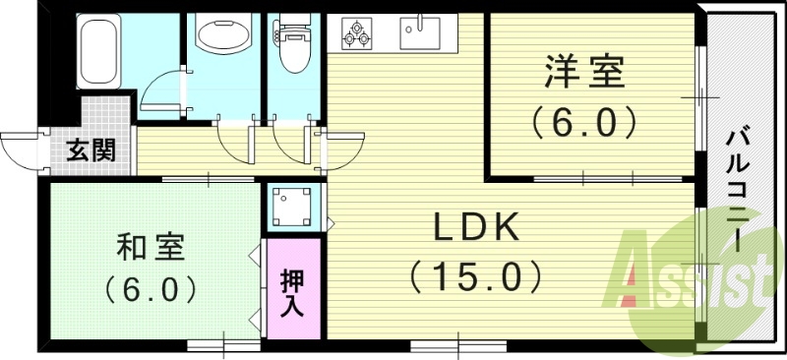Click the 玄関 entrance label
point(91,150)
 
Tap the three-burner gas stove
point(356,32)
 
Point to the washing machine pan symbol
point(292,207)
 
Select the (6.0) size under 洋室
point(585,123)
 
